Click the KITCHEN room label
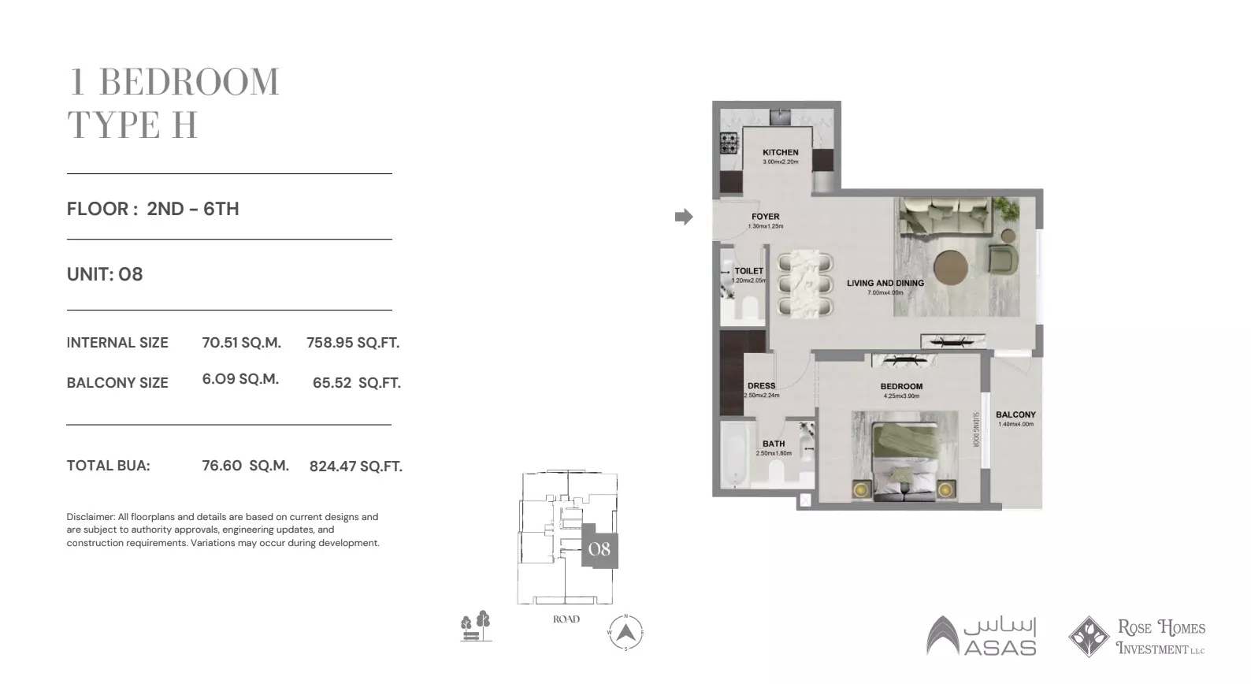click(x=780, y=152)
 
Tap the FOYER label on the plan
click(x=765, y=217)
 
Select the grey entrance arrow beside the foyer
click(x=684, y=217)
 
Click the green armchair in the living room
click(x=1002, y=258)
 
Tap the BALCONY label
click(x=1015, y=414)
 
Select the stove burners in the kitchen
click(x=729, y=143)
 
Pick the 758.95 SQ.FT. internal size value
click(x=353, y=343)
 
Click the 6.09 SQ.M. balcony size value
click(x=240, y=379)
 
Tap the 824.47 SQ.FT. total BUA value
click(x=355, y=467)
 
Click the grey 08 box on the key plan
click(x=600, y=548)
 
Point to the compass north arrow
click(x=625, y=632)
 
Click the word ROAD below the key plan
click(x=566, y=619)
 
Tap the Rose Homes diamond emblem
click(x=1089, y=637)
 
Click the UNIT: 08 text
click(x=105, y=274)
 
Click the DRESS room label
click(x=761, y=386)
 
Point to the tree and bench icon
click(x=476, y=626)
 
